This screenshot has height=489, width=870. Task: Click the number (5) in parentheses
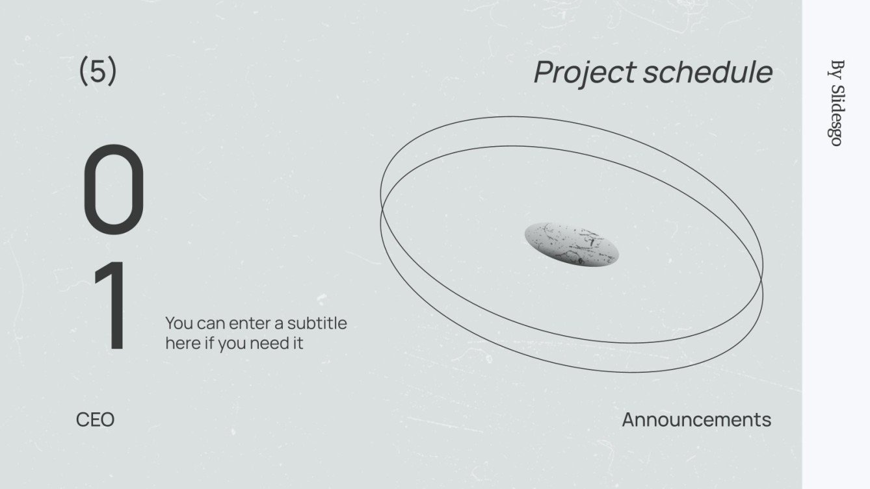(98, 70)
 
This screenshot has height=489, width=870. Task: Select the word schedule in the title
(707, 72)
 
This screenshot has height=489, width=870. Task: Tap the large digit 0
(113, 189)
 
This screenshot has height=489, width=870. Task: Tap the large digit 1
(111, 306)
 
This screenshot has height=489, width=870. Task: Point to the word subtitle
(317, 323)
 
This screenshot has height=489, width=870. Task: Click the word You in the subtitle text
(179, 323)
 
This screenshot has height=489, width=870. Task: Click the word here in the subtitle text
(183, 343)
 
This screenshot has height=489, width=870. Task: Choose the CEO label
(95, 420)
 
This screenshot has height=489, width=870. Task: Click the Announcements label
(696, 420)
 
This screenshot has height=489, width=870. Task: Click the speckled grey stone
(572, 245)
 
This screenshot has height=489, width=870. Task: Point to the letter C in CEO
(83, 420)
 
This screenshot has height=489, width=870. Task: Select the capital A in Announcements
(629, 420)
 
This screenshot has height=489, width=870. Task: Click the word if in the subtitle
(210, 343)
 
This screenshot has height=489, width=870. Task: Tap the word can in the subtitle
(211, 324)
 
